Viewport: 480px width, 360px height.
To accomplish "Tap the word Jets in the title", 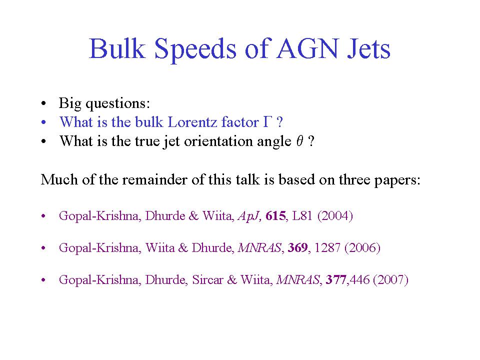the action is [369, 48].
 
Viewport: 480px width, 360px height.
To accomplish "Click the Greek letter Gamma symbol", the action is [267, 122].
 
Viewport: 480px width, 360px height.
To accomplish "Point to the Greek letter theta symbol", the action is [299, 141].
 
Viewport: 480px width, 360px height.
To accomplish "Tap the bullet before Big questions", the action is [43, 103].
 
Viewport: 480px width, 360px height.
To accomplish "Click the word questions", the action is [118, 103].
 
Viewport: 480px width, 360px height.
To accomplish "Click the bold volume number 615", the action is [275, 216].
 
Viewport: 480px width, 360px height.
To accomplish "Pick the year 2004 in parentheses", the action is [335, 216].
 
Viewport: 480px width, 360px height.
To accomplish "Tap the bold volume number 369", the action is [297, 247].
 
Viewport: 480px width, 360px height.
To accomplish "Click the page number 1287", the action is [327, 247].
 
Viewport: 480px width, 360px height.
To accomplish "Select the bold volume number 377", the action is [336, 279].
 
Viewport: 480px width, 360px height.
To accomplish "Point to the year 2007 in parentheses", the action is [391, 279].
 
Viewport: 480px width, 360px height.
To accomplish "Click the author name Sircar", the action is [207, 279].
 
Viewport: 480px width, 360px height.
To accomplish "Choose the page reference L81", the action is [302, 216].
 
